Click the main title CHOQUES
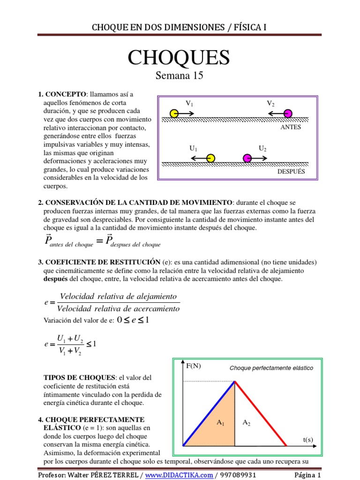click(x=179, y=58)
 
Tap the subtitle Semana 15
click(x=179, y=75)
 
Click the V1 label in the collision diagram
click(x=189, y=103)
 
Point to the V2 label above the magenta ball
click(x=270, y=103)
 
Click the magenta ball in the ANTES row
click(x=288, y=113)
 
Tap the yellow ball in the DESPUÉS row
click(x=210, y=158)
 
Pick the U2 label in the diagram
click(x=262, y=148)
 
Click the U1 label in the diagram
click(x=193, y=148)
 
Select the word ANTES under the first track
click(x=290, y=127)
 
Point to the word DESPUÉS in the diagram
click(x=291, y=172)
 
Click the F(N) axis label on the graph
click(x=193, y=366)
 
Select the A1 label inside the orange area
click(x=220, y=422)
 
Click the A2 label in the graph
click(x=246, y=422)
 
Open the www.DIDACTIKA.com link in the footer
click(x=179, y=475)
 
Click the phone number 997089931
click(x=238, y=475)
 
